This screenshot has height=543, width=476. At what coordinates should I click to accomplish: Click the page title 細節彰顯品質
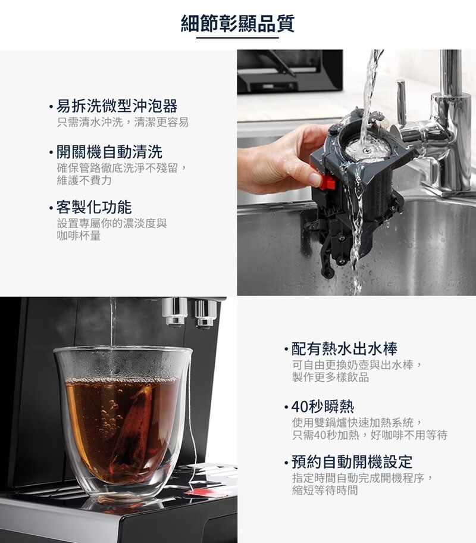[237, 24]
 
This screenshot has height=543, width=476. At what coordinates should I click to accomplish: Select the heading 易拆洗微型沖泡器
[117, 105]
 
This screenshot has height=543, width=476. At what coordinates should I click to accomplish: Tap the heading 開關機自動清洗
[109, 152]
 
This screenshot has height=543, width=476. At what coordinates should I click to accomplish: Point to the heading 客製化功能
[94, 207]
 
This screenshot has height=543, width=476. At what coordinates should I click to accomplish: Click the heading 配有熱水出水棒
[344, 349]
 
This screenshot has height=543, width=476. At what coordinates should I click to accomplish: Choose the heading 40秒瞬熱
[322, 406]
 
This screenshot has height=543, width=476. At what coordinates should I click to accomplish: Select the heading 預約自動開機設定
[352, 461]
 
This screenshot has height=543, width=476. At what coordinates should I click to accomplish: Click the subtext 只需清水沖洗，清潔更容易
[123, 122]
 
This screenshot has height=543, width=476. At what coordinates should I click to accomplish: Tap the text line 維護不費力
[84, 180]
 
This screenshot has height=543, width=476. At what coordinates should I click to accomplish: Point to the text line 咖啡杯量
[79, 236]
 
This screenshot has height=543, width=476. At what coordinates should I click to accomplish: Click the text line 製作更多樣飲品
[331, 377]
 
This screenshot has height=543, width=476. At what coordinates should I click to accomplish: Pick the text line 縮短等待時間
[325, 490]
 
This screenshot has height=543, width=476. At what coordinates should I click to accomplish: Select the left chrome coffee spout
[175, 312]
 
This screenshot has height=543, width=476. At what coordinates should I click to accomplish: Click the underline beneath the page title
[237, 38]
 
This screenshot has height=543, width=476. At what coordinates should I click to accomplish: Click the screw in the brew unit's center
[366, 150]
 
